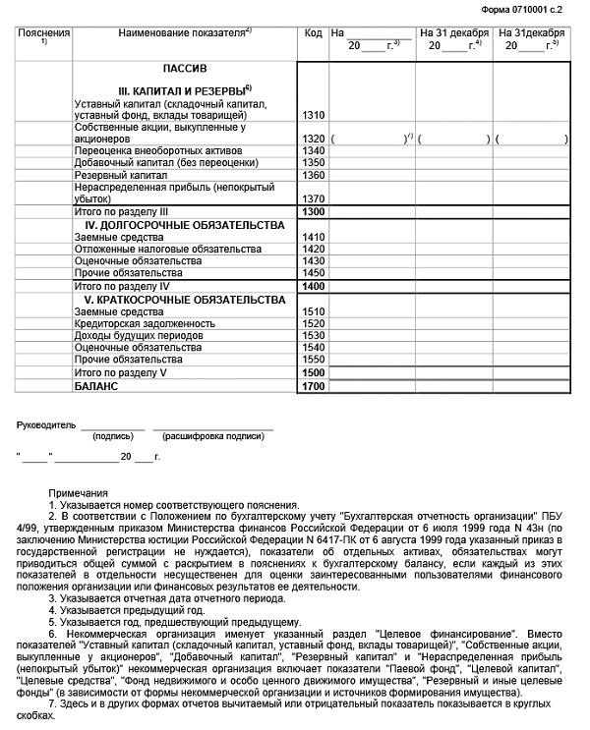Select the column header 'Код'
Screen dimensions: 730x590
click(x=314, y=33)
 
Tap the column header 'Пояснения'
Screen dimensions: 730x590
click(x=44, y=33)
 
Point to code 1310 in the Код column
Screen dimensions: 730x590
click(x=314, y=115)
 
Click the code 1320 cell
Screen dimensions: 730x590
click(x=314, y=139)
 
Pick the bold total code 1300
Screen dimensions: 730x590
click(x=314, y=211)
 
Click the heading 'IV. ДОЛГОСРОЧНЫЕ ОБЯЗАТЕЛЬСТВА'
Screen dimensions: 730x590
click(x=185, y=225)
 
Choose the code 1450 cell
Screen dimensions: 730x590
click(x=314, y=272)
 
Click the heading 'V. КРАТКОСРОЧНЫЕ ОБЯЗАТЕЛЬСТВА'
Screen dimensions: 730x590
click(x=185, y=299)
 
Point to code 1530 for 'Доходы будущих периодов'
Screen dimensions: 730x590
click(x=314, y=335)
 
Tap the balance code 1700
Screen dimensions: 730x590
click(x=314, y=386)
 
